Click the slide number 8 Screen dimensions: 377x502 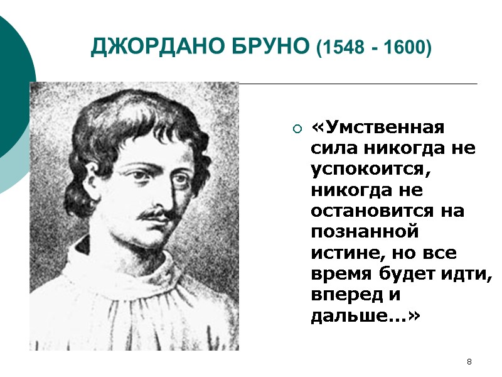(469, 362)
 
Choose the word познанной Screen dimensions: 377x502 (365, 232)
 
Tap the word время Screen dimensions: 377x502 (343, 273)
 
